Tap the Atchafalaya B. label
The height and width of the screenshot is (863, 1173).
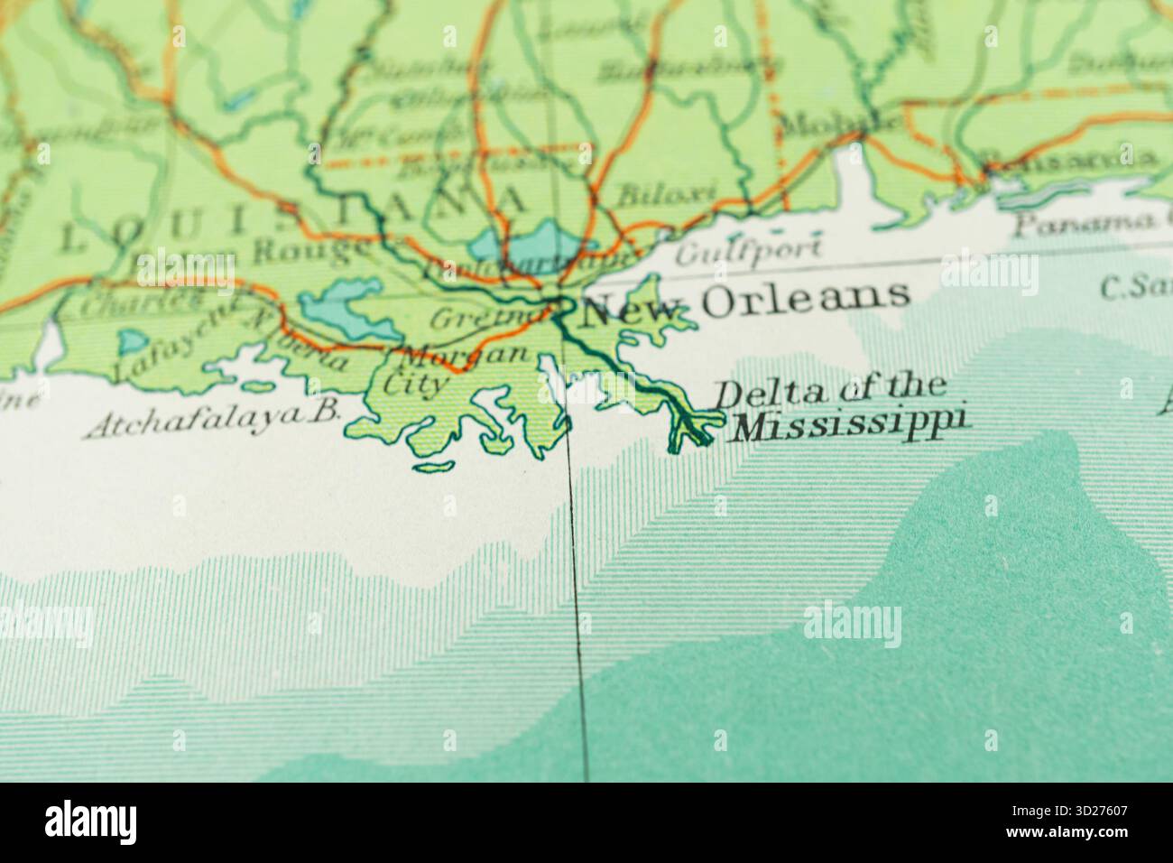point(213,419)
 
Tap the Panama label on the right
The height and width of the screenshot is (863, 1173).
point(1092,222)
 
